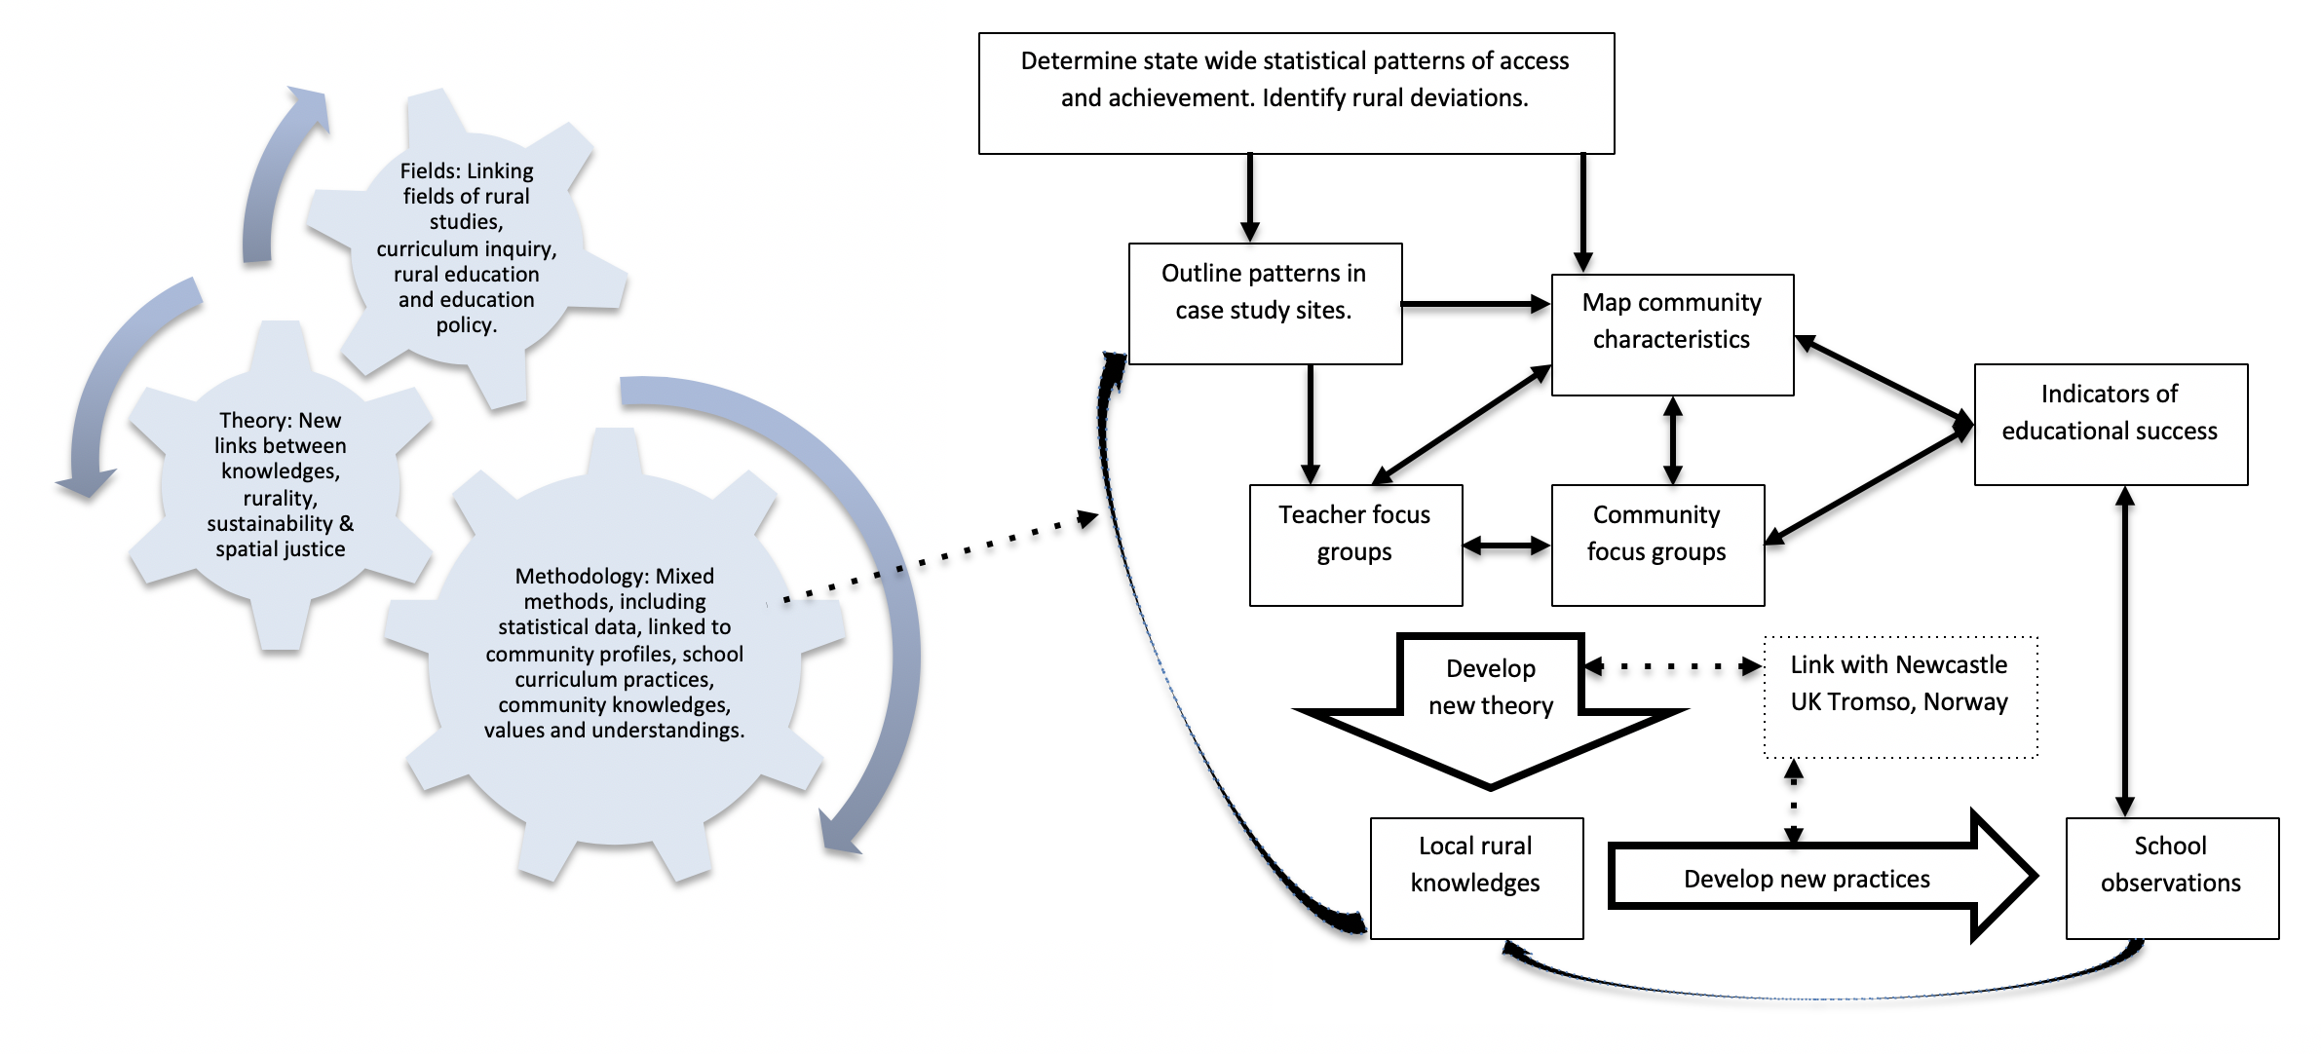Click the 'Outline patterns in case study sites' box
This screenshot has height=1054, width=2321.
1265,304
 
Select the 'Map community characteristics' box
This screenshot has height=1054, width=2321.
1672,334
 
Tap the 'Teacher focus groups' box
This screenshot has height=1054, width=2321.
1355,545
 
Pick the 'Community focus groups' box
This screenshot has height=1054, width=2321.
1657,545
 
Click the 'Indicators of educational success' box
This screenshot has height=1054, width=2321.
2111,424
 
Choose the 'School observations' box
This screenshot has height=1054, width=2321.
2172,878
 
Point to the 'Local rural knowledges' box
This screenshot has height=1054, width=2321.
1476,878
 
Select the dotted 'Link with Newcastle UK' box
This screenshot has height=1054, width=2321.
1900,696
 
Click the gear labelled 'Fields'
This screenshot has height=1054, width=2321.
467,248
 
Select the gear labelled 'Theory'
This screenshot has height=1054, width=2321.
281,484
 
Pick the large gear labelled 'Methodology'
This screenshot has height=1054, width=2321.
615,653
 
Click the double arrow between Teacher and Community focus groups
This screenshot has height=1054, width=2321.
1506,546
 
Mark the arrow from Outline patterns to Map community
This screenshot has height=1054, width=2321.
1475,304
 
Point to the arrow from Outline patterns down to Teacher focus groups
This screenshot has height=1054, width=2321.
1311,424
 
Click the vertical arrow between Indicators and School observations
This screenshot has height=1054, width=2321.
2125,651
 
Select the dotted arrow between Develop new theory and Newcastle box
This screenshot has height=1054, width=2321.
1673,667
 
